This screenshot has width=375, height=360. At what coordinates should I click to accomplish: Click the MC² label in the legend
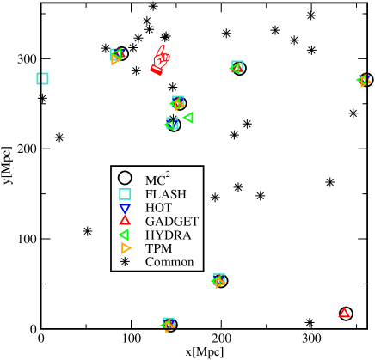pyautogui.click(x=157, y=180)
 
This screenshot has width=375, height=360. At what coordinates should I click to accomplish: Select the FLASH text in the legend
pyautogui.click(x=165, y=194)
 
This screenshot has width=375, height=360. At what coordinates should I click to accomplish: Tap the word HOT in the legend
pyautogui.click(x=158, y=208)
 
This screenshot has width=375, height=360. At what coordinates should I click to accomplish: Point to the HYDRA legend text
pyautogui.click(x=168, y=235)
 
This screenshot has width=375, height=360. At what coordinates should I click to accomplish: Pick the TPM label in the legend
pyautogui.click(x=159, y=248)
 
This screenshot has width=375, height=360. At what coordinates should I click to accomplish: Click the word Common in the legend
pyautogui.click(x=169, y=262)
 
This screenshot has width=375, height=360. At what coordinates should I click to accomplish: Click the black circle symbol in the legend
pyautogui.click(x=125, y=178)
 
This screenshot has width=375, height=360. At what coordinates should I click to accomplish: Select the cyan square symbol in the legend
pyautogui.click(x=125, y=194)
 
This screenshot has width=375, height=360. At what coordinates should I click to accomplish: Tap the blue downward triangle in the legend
pyautogui.click(x=125, y=208)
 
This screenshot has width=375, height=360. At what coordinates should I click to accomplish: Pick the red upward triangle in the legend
pyautogui.click(x=125, y=221)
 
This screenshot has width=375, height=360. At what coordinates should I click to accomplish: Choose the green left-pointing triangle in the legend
pyautogui.click(x=124, y=235)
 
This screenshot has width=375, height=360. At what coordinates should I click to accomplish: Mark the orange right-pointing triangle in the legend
pyautogui.click(x=126, y=248)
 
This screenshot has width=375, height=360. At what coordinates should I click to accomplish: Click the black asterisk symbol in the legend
pyautogui.click(x=125, y=262)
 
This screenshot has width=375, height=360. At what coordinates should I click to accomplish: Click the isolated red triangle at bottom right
pyautogui.click(x=344, y=313)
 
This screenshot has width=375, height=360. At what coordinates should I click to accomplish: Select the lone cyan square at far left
pyautogui.click(x=42, y=78)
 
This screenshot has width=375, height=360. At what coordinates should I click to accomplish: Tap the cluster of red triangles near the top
pyautogui.click(x=160, y=60)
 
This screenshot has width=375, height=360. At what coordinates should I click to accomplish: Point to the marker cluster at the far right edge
pyautogui.click(x=363, y=81)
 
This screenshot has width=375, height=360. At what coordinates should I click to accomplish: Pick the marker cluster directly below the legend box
pyautogui.click(x=218, y=281)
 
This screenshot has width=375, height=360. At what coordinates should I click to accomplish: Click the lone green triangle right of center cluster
pyautogui.click(x=188, y=117)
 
